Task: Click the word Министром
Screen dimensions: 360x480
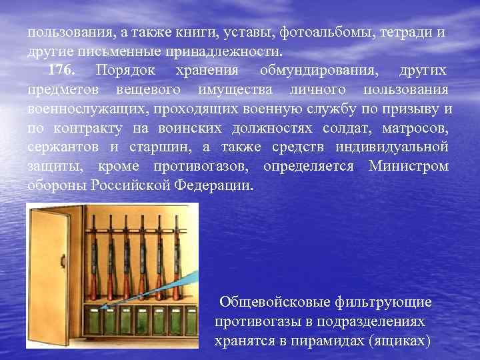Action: [409, 166]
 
